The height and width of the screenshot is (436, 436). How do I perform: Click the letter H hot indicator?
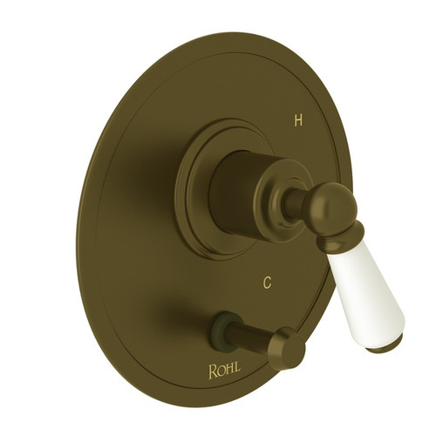click(x=298, y=120)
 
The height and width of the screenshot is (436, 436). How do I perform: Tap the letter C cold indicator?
click(x=267, y=283)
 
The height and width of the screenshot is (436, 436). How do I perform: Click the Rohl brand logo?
click(x=225, y=370)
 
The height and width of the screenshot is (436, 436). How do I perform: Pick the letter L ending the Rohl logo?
click(x=238, y=368)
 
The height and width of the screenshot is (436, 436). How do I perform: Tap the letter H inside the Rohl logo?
click(x=230, y=369)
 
